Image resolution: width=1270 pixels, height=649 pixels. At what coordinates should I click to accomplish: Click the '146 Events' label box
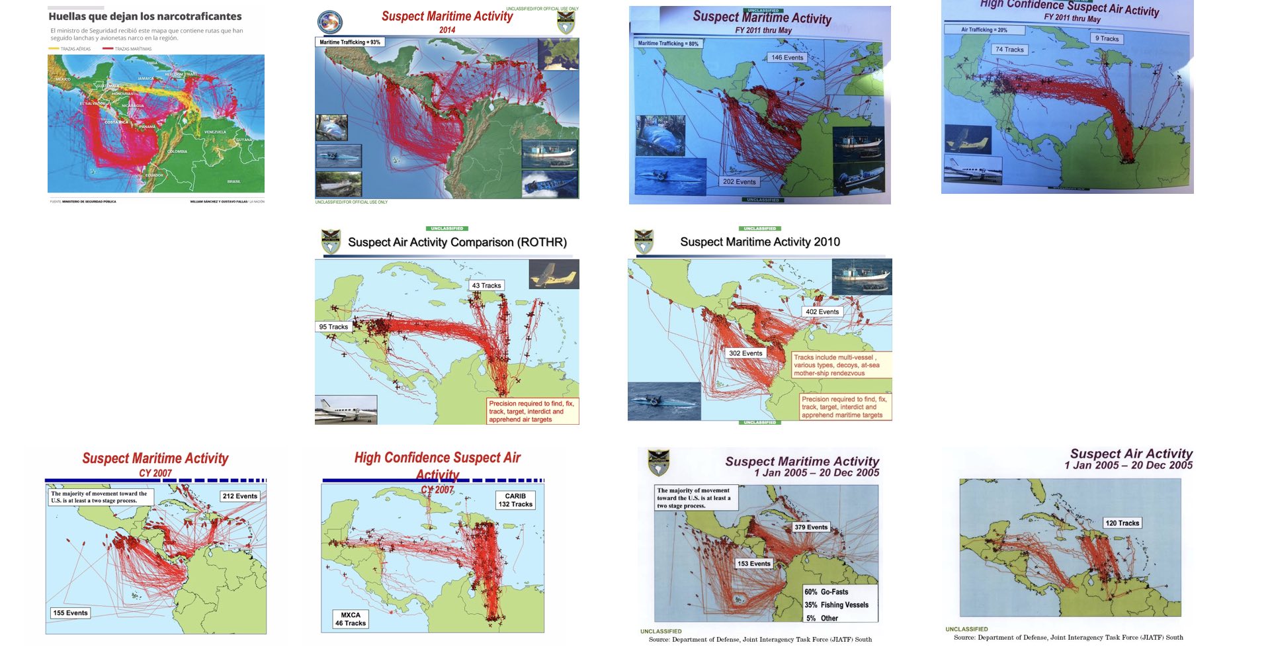coord(787,58)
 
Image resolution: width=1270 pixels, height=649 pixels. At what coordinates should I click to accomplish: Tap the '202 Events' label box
coord(739,181)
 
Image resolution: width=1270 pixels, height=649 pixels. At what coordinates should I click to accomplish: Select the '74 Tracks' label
coord(1009,50)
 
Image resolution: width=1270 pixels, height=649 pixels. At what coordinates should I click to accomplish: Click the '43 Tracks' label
coord(486,286)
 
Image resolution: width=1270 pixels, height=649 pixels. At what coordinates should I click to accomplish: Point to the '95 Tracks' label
coord(333,327)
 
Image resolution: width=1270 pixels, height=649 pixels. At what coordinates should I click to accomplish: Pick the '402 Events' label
coord(822,312)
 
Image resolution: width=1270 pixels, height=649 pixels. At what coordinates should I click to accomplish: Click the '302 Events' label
coord(745,353)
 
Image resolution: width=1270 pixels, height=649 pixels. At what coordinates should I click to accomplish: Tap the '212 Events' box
coord(239,496)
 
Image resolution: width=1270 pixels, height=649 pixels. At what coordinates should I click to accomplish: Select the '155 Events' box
coord(70,613)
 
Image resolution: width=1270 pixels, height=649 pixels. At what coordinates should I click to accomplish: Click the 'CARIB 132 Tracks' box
coord(515,500)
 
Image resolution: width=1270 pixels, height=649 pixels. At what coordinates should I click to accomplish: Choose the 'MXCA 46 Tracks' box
coord(350,619)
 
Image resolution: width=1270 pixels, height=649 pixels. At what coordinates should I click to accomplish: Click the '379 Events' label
coord(811,527)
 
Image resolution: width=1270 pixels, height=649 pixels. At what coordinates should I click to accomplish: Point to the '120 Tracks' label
coord(1122,523)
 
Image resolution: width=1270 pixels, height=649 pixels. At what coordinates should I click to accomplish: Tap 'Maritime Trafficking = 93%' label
coord(350,42)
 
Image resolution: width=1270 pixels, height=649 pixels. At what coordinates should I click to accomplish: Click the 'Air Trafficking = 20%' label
coord(984,30)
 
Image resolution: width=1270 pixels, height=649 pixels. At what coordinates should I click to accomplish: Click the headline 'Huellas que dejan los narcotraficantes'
coord(145,17)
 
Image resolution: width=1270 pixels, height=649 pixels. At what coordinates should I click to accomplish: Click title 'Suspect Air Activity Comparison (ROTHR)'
coord(457,242)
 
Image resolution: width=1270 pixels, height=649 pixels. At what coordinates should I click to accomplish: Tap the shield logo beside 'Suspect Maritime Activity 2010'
coord(644,241)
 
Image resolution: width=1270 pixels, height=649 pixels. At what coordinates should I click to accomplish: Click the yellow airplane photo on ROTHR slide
coord(554,275)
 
